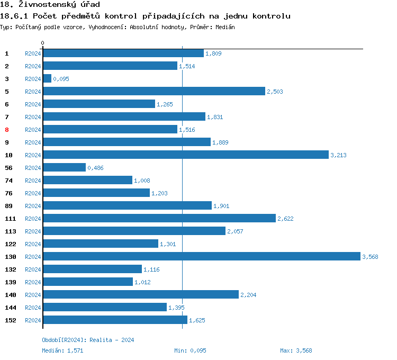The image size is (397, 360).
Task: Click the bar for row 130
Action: coord(201,256)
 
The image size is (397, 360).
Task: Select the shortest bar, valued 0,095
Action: coord(47,78)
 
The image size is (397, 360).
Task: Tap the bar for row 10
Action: coord(185,155)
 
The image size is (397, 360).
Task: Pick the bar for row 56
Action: coord(64,167)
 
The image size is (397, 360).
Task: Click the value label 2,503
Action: coord(275,92)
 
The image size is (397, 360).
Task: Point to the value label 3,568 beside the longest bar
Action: coord(370,257)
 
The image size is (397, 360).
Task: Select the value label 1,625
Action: coord(197,320)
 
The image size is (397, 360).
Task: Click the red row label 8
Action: coord(7,130)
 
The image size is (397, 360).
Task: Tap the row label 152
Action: coord(10,320)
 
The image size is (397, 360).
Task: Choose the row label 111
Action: coord(10,219)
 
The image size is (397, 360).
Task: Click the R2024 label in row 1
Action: coord(33,53)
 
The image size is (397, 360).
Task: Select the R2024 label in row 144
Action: coord(33,308)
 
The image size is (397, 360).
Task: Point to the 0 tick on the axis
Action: coord(43,43)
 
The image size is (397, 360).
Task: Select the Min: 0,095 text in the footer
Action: coord(190,350)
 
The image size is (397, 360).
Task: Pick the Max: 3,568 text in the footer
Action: coord(296,350)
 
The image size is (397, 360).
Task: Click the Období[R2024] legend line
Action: coord(88,340)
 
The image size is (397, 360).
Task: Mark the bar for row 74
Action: coord(87,180)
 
